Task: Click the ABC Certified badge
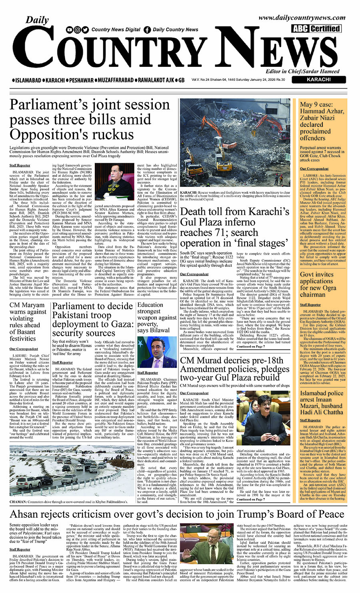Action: pyautogui.click(x=316, y=28)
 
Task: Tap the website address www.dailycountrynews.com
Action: pyautogui.click(x=302, y=17)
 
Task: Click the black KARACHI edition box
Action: pyautogui.click(x=318, y=80)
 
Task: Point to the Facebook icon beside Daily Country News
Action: pyautogui.click(x=147, y=30)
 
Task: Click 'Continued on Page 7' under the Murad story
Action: pyautogui.click(x=250, y=499)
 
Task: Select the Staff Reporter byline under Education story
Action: pyautogui.click(x=147, y=373)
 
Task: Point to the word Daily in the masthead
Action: pyautogui.click(x=37, y=20)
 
